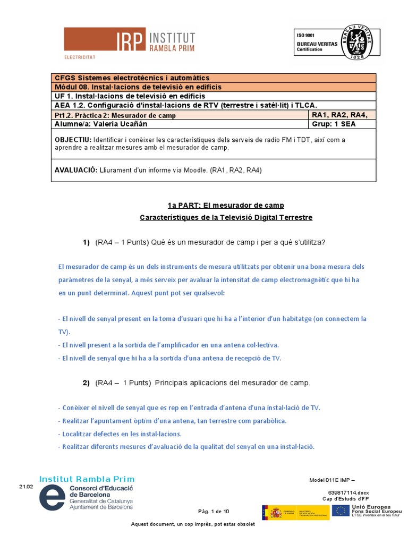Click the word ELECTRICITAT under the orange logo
[x=80, y=56]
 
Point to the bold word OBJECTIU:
[x=73, y=140]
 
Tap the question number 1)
[x=86, y=242]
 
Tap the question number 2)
[x=86, y=382]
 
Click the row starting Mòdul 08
[x=138, y=87]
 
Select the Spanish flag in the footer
[x=275, y=513]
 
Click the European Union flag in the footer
[x=341, y=511]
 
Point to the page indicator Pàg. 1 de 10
[x=214, y=512]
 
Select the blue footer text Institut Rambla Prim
[x=87, y=479]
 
